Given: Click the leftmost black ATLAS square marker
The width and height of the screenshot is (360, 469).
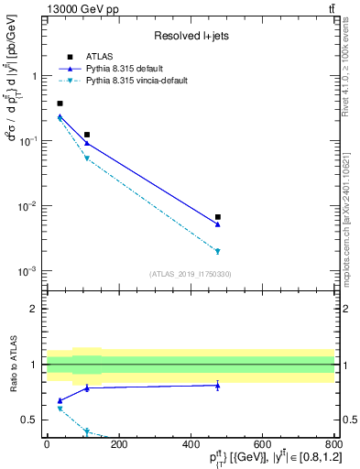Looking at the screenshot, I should [60, 104].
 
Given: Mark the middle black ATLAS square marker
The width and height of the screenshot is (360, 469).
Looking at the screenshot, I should [87, 135].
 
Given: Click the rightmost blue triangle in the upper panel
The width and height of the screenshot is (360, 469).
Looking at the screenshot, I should [218, 224].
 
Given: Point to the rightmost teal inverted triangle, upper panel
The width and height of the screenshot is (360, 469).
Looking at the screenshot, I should [218, 251].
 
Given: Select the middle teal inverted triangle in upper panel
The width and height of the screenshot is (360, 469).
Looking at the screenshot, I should [87, 158].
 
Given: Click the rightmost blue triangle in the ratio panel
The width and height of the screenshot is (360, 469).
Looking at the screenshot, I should [218, 386].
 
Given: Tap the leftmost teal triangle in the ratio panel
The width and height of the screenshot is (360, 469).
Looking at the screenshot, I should [60, 409].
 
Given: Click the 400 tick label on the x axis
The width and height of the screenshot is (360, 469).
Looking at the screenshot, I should [191, 444].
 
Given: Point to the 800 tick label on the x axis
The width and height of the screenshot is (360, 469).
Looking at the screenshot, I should [334, 444].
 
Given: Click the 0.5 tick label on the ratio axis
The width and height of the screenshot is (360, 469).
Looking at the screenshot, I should [32, 420].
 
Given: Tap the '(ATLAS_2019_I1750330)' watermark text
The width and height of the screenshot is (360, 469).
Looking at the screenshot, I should [191, 273].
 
